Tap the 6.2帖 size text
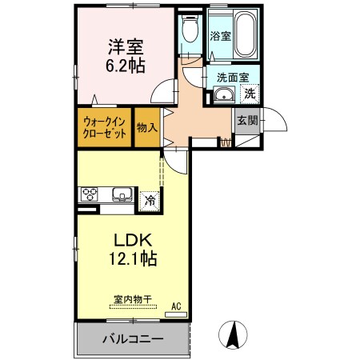click(x=126, y=66)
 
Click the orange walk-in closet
click(x=105, y=128)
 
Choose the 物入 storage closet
click(x=146, y=128)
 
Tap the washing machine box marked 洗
click(x=249, y=93)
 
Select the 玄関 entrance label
click(x=246, y=121)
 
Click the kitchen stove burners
click(x=90, y=194)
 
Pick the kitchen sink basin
click(x=123, y=194)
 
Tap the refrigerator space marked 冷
click(x=149, y=200)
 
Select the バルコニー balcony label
click(x=132, y=339)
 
